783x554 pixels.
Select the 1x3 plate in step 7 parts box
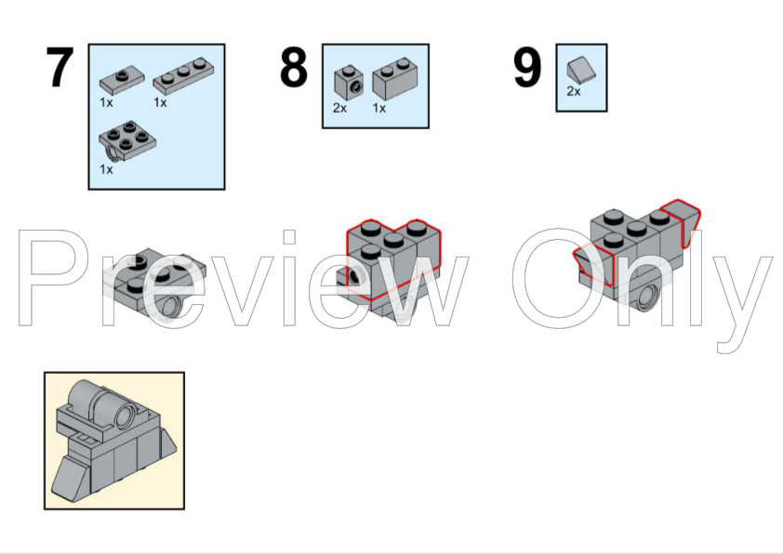pos(184,75)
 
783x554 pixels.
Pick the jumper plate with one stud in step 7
pos(122,81)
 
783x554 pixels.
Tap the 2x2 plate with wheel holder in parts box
pos(126,140)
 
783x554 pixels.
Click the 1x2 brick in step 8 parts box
pos(395,78)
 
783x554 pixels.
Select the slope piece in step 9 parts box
pos(581,70)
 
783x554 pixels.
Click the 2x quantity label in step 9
pos(574,91)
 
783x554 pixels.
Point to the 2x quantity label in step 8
pos(339,108)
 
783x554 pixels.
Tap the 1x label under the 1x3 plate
pos(160,102)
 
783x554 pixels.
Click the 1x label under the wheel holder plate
pos(106,170)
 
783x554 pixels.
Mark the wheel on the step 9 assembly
pos(647,297)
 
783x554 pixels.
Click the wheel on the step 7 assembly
pos(171,305)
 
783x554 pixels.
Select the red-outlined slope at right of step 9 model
pos(682,221)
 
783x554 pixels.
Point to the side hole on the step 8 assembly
pos(355,274)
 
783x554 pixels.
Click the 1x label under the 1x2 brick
pos(379,108)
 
